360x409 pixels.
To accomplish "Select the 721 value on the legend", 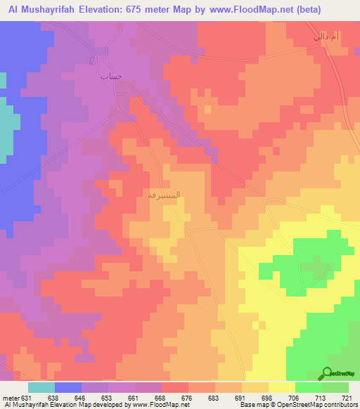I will pos(347,398).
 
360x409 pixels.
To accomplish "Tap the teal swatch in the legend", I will pos(41,387).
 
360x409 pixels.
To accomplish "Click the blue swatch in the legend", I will pos(67,387).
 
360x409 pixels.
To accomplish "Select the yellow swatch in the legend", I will pos(281,387).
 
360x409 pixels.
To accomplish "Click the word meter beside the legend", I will pos(11,398).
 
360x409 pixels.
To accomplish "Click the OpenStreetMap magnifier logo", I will pos(328,372).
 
